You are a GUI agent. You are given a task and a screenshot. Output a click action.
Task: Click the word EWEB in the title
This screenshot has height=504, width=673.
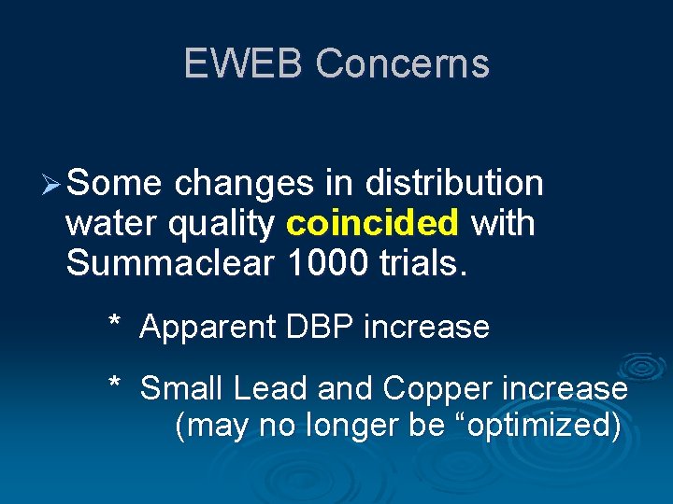(x=244, y=63)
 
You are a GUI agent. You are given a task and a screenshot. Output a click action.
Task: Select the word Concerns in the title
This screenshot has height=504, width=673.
(x=402, y=63)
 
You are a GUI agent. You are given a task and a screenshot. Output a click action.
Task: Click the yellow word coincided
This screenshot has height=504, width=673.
(x=373, y=224)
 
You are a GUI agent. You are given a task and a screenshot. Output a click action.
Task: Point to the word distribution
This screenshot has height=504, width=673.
(x=454, y=184)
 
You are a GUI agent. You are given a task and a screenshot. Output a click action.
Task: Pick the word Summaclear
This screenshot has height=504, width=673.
(x=170, y=264)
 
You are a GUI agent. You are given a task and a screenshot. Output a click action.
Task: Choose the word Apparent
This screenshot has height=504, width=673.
(x=208, y=327)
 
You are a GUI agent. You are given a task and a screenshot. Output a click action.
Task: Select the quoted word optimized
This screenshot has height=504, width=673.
(x=533, y=426)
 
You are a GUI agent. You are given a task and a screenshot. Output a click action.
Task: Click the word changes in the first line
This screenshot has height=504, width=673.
(x=243, y=184)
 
